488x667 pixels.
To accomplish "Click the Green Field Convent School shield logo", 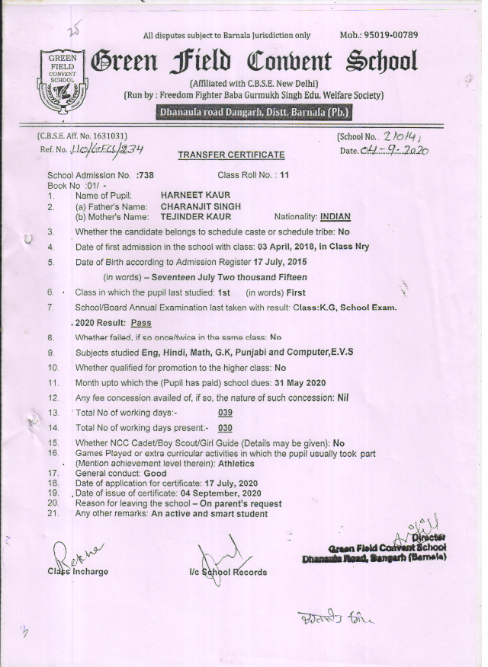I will coord(58,80).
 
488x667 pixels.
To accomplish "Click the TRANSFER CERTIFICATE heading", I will coord(231,155).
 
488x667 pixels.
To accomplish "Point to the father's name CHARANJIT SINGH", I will coord(201,206).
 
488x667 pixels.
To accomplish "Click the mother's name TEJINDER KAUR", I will coord(195,217).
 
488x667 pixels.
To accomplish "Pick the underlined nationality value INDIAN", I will coord(335,217).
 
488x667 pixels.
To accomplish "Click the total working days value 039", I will coord(225,413).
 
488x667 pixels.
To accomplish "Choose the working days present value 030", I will coord(225,428).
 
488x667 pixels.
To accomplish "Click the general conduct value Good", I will coord(155,473).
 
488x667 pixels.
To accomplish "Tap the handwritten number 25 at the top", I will coord(73,31).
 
